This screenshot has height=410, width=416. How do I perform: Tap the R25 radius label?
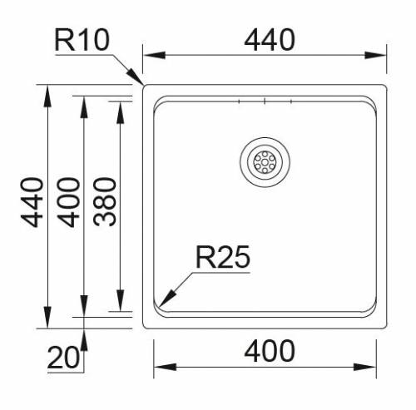pos(222,258)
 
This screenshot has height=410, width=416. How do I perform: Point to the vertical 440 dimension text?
pos(32,202)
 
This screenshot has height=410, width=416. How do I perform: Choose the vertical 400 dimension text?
pos(70,202)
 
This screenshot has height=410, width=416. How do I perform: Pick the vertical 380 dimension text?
pos(106,202)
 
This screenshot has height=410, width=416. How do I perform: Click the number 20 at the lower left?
pos(63,358)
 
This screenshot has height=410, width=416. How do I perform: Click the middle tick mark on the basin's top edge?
pos(265,101)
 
